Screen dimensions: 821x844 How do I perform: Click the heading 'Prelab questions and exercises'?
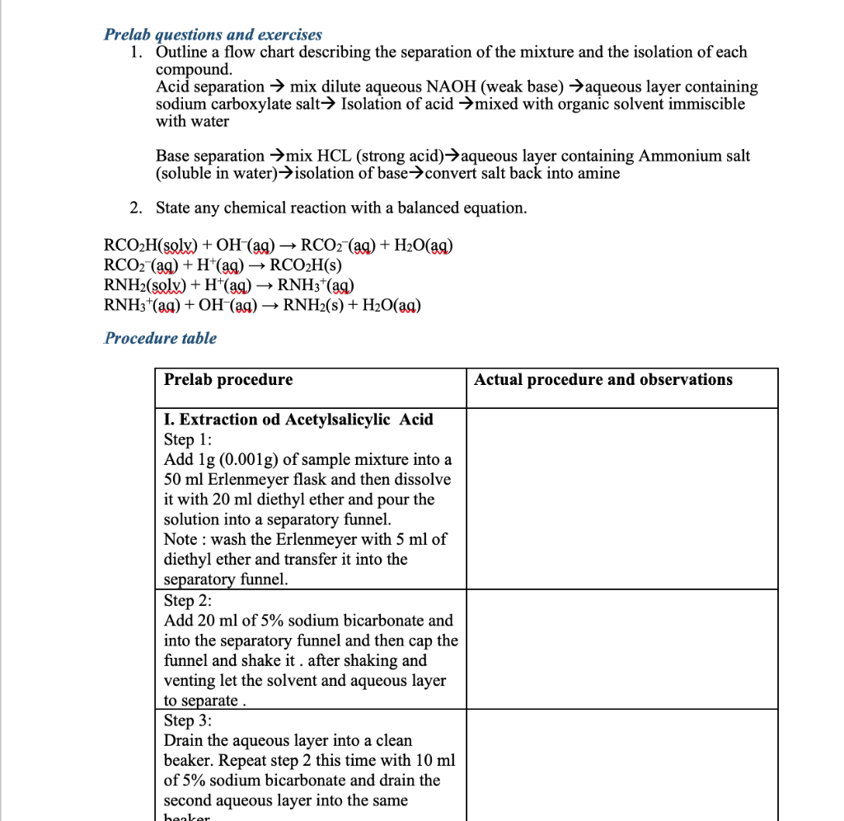click(x=213, y=35)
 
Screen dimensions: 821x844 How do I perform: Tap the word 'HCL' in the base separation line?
click(x=335, y=156)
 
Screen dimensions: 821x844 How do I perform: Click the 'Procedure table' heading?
click(x=161, y=338)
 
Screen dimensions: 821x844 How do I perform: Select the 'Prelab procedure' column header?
click(x=228, y=380)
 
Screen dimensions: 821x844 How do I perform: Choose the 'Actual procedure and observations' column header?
click(x=603, y=380)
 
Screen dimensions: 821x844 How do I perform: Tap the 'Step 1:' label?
click(x=188, y=439)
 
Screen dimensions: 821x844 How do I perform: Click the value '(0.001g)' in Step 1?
click(x=246, y=459)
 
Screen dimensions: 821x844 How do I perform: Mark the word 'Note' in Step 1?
click(x=181, y=539)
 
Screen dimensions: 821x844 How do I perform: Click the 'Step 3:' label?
click(x=188, y=720)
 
